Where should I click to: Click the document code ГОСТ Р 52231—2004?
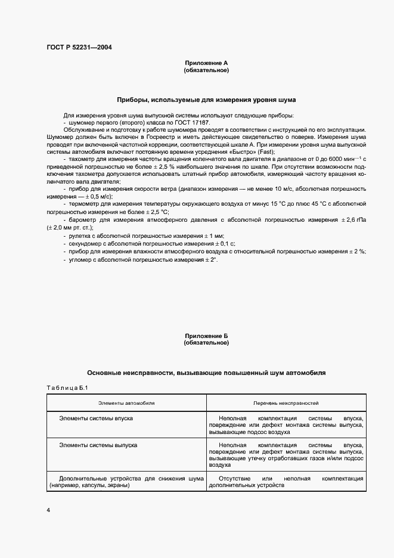[79, 47]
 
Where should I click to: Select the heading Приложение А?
[206, 63]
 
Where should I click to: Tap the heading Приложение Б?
[206, 336]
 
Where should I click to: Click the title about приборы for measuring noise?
[206, 100]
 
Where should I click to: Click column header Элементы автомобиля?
[126, 404]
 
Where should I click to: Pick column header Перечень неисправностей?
[286, 404]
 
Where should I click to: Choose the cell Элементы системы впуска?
[96, 418]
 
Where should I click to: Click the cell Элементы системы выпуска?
[98, 445]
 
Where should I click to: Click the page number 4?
[49, 510]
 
